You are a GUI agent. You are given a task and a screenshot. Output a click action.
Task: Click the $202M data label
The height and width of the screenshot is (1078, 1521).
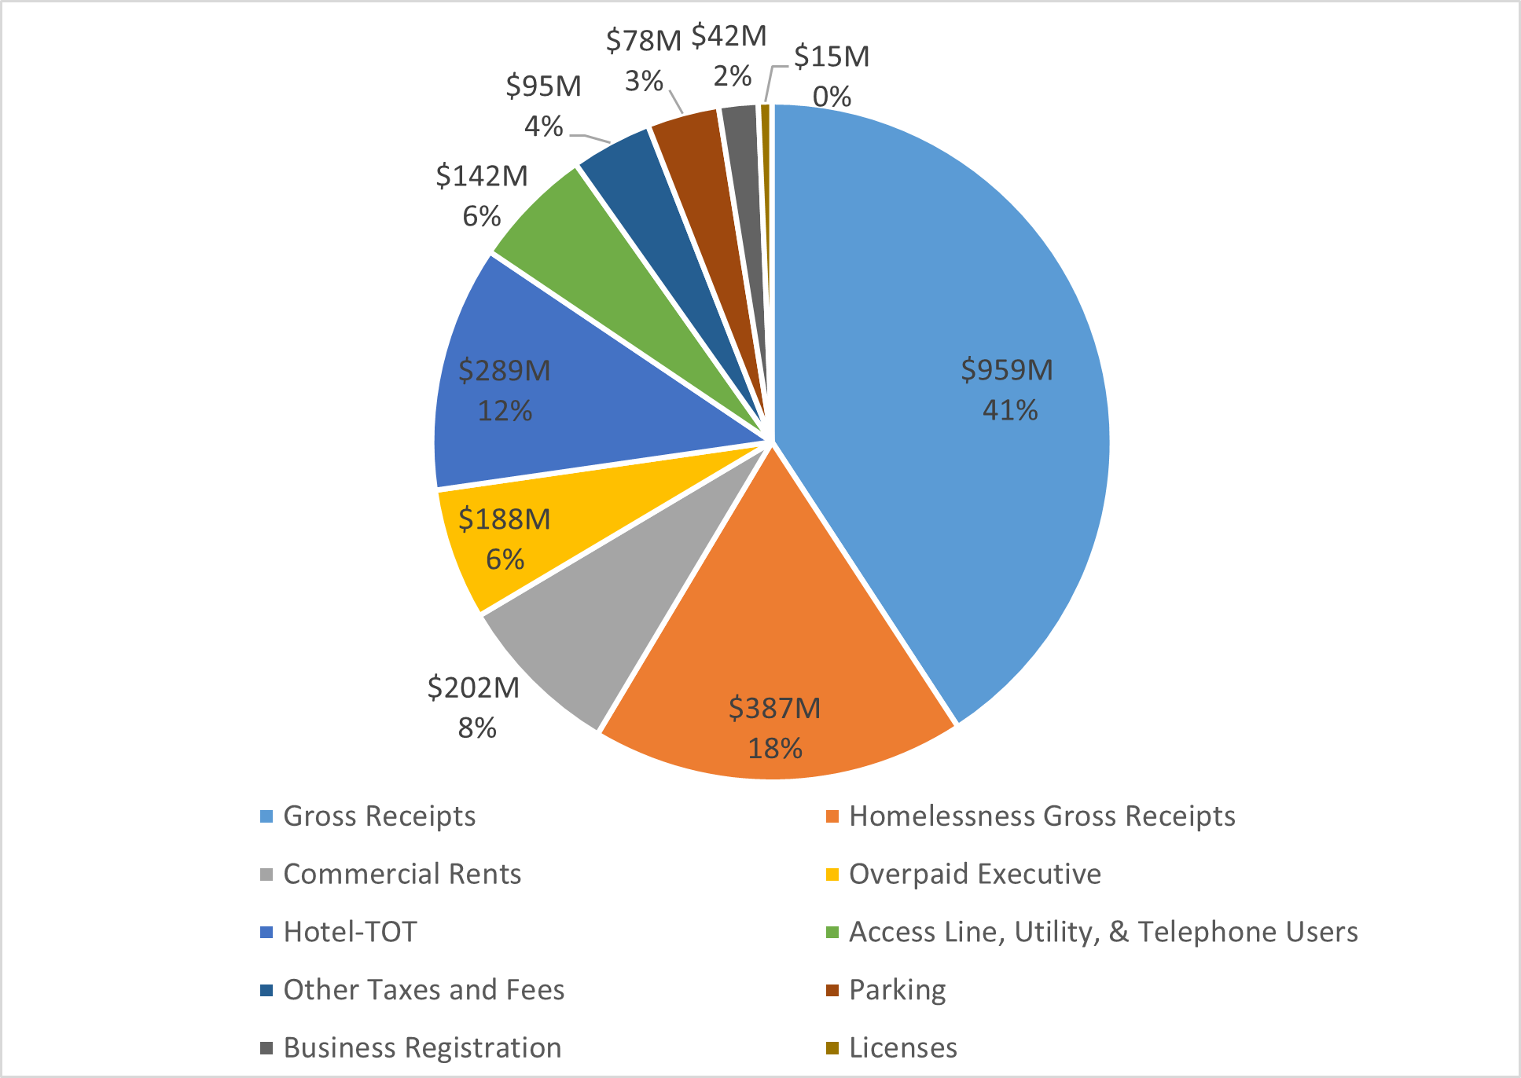[x=474, y=707]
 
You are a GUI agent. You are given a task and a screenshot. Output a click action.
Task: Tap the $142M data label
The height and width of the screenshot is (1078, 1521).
[x=482, y=196]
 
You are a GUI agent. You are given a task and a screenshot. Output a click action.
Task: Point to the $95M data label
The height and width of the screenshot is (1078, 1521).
[x=544, y=105]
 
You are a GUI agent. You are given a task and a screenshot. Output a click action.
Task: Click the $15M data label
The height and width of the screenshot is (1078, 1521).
[x=832, y=76]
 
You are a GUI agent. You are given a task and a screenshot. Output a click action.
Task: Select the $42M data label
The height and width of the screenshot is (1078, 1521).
[x=729, y=55]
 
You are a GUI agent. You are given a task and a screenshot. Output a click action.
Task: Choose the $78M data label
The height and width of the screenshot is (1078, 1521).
[x=644, y=60]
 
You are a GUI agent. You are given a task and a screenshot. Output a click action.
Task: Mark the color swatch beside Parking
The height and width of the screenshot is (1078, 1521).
[x=832, y=990]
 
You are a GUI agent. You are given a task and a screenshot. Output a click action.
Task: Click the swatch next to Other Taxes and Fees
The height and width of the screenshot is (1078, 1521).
[x=266, y=990]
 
